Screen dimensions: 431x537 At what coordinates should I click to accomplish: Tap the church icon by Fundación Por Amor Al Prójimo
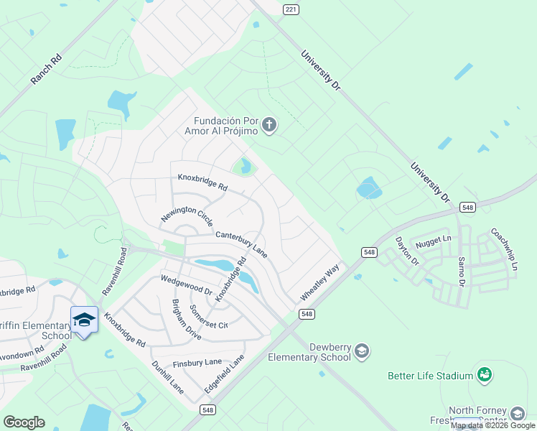(x=269, y=126)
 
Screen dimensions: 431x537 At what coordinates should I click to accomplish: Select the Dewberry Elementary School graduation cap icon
(x=363, y=351)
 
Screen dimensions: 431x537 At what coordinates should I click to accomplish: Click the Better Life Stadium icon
(x=485, y=374)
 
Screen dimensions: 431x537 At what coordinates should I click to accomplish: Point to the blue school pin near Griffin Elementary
(x=84, y=318)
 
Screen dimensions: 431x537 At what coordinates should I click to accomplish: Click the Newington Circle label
(x=187, y=215)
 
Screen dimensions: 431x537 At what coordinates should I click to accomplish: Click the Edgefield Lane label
(x=225, y=373)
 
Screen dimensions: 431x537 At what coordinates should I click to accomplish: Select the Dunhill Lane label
(x=167, y=377)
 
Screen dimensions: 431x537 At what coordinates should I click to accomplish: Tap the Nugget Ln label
(x=437, y=238)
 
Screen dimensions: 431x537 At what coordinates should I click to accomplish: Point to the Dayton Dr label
(x=406, y=251)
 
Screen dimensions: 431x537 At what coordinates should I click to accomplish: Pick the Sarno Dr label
(x=462, y=269)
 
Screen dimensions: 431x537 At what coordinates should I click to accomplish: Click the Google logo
(x=24, y=422)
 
